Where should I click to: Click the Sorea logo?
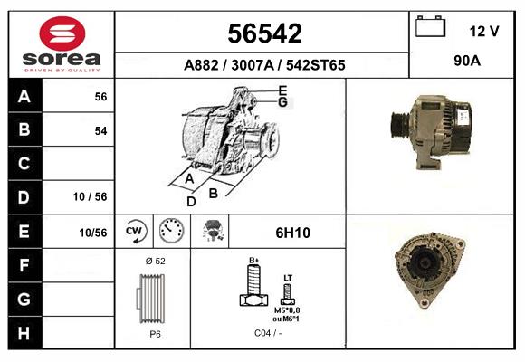point(61,43)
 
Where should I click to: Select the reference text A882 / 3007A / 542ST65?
point(263,65)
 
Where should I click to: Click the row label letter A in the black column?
point(24,96)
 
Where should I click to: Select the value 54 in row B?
point(100,130)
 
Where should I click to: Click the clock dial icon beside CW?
point(170,232)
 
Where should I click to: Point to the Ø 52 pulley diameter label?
point(155,261)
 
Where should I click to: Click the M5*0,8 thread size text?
point(288,310)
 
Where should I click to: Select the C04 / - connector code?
point(268,334)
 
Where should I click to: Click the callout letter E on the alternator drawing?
point(282,90)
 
